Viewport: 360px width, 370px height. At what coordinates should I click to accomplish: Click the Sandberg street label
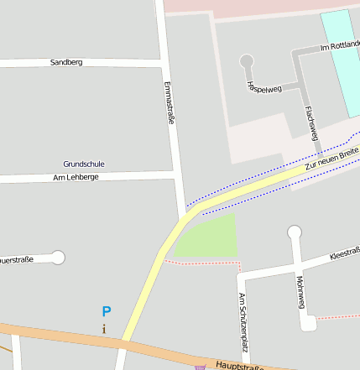66,63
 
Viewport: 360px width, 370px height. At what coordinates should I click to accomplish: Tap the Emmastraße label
171,103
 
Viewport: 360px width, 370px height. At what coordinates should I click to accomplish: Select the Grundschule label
84,164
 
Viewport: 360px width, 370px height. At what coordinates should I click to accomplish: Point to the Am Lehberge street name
76,178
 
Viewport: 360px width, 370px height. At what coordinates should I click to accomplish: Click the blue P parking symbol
106,311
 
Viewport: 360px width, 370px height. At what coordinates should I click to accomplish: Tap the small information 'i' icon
104,329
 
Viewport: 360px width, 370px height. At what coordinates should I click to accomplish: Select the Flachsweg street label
312,122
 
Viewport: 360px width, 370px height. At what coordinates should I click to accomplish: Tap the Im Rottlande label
340,48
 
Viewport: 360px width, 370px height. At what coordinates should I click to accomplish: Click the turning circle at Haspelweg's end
246,60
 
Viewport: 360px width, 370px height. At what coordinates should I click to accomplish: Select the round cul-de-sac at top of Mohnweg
295,232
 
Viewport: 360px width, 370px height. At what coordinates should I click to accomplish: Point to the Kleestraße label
344,253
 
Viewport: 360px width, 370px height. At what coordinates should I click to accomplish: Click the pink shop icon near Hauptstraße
199,367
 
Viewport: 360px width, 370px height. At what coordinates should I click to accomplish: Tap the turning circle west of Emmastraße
58,258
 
